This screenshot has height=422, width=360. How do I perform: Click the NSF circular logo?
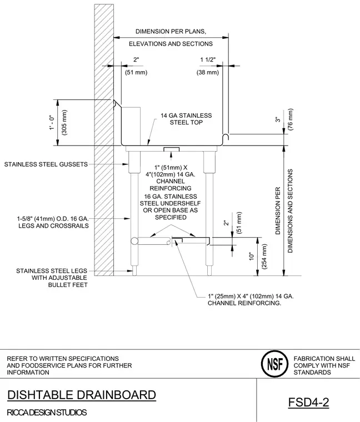(x=274, y=364)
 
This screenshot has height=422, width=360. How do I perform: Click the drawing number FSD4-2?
(x=308, y=403)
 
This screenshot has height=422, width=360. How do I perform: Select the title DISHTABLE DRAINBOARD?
(x=82, y=395)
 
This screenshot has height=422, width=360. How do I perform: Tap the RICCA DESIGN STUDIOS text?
(x=47, y=413)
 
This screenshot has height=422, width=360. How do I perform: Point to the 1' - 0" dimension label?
(x=52, y=123)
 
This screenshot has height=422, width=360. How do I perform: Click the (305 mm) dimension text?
(x=64, y=123)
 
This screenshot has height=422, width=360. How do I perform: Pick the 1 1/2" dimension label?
(x=208, y=60)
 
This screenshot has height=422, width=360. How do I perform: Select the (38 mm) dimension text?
(x=208, y=72)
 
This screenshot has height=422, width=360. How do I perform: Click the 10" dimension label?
(x=252, y=256)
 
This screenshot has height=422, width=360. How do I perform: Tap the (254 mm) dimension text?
(x=264, y=256)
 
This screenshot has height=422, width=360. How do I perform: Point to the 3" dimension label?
(x=278, y=119)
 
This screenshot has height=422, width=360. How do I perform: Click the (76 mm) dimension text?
(x=290, y=119)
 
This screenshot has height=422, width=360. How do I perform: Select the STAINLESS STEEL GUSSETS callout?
(x=46, y=164)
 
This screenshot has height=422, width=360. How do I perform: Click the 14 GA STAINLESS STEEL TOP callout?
(x=186, y=119)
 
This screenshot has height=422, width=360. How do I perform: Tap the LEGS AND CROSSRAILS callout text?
(x=53, y=226)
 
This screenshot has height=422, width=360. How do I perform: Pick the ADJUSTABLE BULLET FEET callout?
(x=59, y=282)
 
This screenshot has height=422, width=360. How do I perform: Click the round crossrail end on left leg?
(x=134, y=241)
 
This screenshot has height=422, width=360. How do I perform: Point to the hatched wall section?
(x=104, y=140)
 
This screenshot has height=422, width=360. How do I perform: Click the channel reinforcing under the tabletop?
(x=171, y=149)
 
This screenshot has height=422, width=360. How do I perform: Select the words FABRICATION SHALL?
(x=324, y=359)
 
